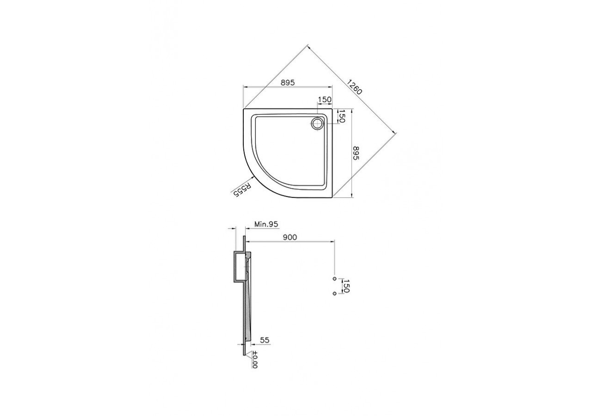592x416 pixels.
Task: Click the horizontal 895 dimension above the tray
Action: click(x=287, y=82)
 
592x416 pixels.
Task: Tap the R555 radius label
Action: click(x=241, y=190)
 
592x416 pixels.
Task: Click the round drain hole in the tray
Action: click(x=317, y=123)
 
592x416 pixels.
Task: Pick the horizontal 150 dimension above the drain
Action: click(x=325, y=100)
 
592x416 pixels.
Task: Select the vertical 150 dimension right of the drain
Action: click(x=342, y=116)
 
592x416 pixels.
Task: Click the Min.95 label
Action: click(x=266, y=224)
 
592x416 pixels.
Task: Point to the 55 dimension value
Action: click(x=265, y=340)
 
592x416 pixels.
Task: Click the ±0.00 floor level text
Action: click(x=254, y=359)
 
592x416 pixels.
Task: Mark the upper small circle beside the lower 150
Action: click(x=334, y=279)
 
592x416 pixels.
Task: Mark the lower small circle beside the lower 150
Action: click(x=334, y=293)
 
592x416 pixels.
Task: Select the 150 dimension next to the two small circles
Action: click(x=345, y=286)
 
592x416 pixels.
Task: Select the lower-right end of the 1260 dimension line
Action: click(x=395, y=133)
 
